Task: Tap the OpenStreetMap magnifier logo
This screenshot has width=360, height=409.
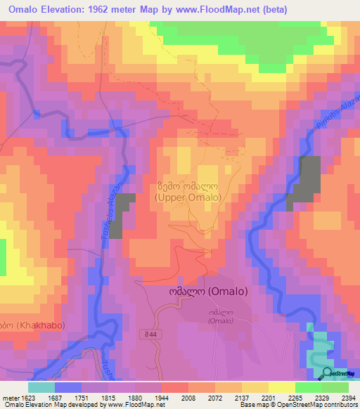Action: [327, 372]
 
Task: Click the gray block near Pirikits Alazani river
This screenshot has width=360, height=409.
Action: [304, 183]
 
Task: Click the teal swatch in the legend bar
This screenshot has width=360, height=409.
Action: [41, 387]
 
